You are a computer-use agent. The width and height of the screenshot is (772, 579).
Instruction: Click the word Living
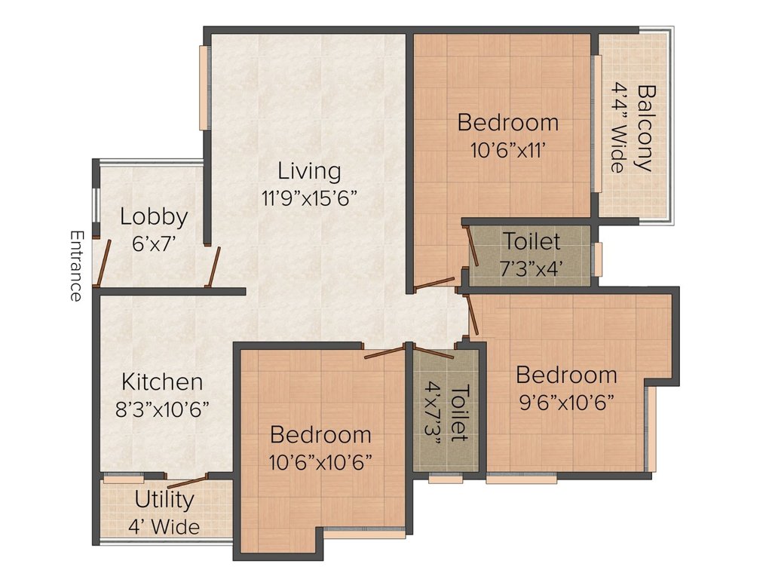click(309, 171)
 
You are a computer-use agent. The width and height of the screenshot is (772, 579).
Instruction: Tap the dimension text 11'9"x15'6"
click(309, 198)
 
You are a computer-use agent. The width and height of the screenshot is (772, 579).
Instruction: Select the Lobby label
click(154, 216)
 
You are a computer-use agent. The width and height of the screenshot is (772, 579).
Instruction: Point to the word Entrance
click(76, 265)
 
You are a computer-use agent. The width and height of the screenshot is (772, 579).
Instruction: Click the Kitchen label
click(162, 382)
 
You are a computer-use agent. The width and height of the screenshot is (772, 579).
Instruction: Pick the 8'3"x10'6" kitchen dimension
click(162, 409)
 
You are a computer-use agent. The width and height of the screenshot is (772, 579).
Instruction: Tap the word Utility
click(164, 501)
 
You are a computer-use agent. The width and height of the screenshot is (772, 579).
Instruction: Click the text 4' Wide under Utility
click(164, 527)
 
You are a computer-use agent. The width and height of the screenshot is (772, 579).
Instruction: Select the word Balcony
click(646, 128)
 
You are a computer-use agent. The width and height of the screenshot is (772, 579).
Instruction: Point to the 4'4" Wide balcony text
click(619, 128)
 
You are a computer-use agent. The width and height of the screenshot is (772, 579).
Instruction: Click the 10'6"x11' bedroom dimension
click(507, 150)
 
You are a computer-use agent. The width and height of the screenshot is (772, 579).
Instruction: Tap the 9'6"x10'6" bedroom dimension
click(567, 403)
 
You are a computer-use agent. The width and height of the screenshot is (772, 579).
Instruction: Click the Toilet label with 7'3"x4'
click(532, 241)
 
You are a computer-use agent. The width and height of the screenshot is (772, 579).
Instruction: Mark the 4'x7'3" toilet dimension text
click(433, 413)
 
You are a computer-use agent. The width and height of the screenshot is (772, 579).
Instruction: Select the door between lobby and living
click(213, 268)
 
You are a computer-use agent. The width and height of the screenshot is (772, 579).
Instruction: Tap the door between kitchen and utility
click(186, 481)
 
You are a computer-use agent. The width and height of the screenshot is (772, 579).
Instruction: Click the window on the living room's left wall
click(202, 87)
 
